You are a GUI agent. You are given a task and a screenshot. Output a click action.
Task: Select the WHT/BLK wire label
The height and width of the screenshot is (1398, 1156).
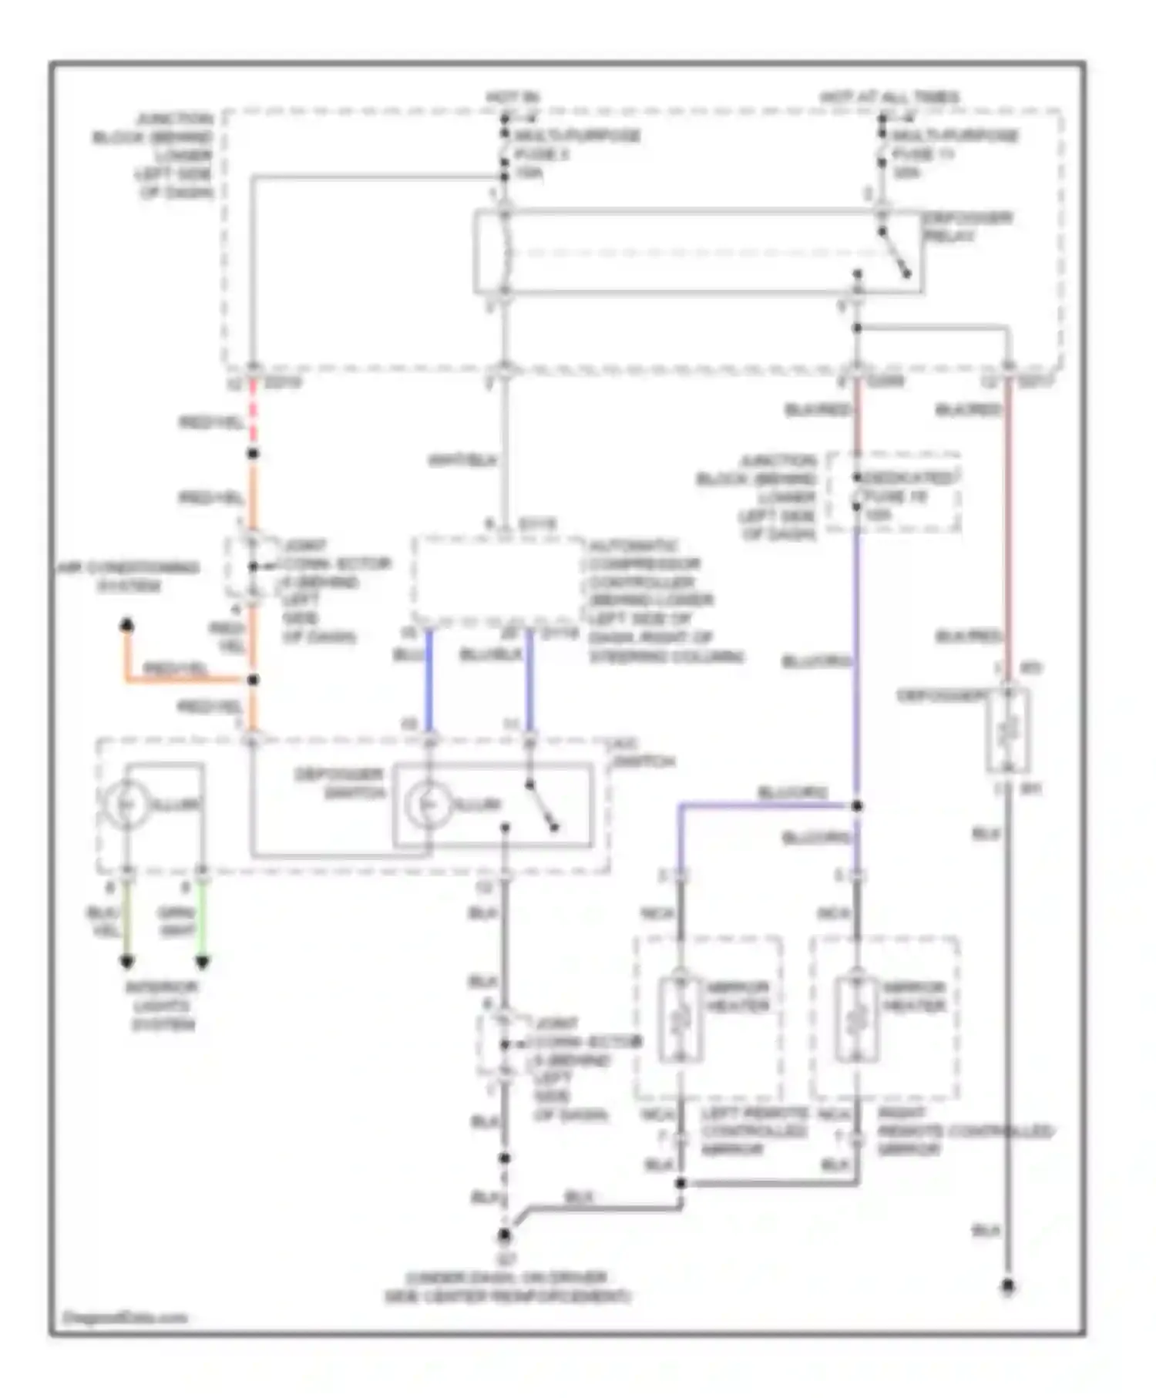click(x=462, y=461)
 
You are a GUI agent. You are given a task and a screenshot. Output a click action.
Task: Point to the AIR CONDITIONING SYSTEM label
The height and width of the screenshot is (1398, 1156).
click(x=129, y=576)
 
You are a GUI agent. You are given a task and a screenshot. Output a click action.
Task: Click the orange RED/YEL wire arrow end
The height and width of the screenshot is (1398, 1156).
click(x=127, y=625)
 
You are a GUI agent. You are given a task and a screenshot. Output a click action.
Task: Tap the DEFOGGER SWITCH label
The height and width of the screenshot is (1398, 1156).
click(x=339, y=783)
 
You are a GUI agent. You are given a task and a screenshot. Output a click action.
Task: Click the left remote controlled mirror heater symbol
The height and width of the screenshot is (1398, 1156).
click(x=680, y=1019)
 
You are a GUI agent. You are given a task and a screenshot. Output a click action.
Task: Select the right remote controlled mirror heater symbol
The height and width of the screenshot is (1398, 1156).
click(x=856, y=1019)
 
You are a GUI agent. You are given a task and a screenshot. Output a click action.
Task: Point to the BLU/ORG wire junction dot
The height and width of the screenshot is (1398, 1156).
click(x=857, y=806)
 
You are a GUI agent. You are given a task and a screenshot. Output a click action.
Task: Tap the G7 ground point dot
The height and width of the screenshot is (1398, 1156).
click(x=504, y=1235)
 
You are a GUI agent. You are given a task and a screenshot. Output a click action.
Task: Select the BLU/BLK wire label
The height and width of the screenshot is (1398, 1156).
click(x=490, y=655)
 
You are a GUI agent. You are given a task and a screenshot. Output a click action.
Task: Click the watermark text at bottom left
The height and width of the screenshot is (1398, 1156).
click(x=125, y=1317)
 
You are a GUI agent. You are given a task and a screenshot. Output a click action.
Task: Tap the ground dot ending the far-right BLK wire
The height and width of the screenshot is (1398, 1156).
click(x=1008, y=1286)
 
